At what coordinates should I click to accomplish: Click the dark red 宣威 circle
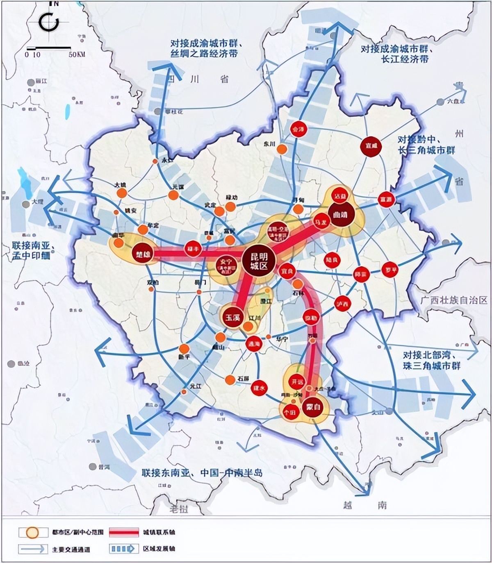tap(371, 146)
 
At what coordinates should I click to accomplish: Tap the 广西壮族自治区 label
tap(454, 300)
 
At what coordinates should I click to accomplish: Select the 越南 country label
tap(365, 504)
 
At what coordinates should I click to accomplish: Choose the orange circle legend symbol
tap(32, 532)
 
